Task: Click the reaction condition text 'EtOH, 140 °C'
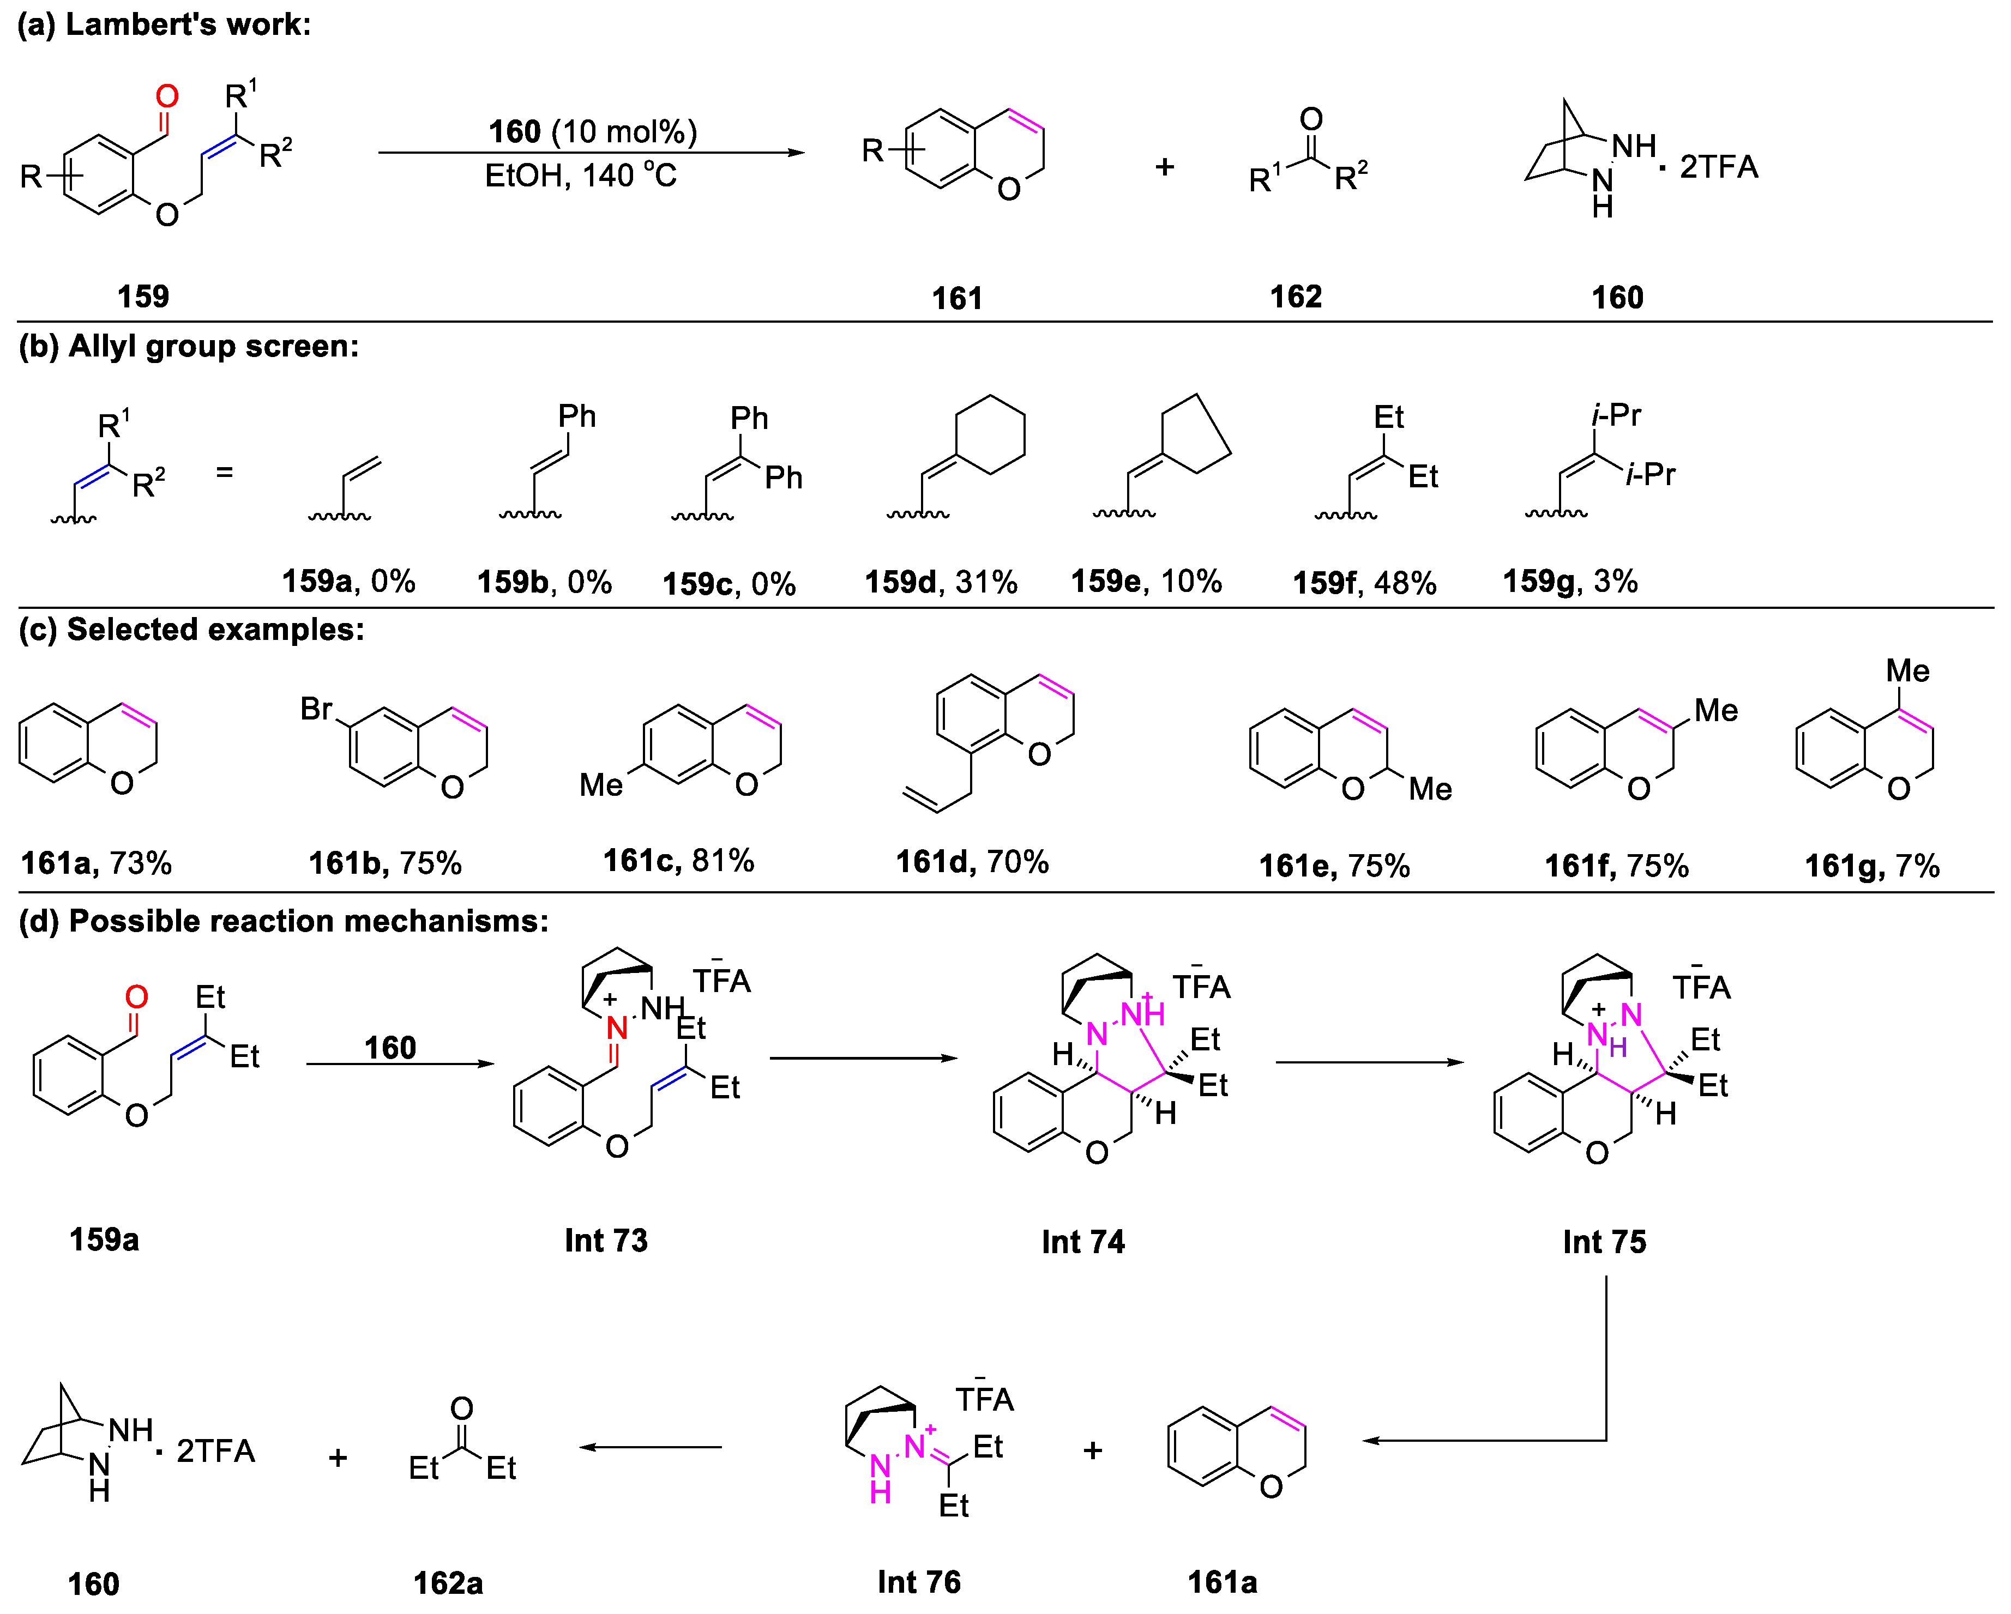580,176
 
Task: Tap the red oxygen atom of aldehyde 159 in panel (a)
167,96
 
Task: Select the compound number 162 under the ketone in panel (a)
1296,297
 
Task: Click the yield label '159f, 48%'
1364,583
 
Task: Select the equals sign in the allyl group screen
224,473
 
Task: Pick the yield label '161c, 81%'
678,860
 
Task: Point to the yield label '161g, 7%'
1871,865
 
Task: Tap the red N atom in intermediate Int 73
617,1029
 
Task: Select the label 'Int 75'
1604,1241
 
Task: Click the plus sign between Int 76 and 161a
1092,1450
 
